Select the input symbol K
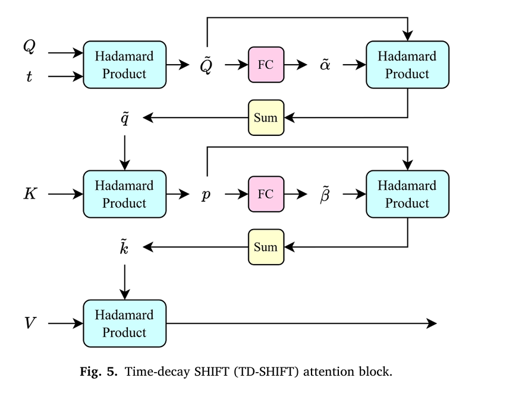30,194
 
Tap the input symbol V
30,323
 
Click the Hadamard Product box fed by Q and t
124,65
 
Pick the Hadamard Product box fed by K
124,194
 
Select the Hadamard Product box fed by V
124,323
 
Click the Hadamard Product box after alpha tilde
407,65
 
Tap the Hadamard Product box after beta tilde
407,194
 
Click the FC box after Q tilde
266,65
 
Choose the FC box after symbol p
266,194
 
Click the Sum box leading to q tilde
266,118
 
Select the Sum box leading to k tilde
266,247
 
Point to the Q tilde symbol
205,65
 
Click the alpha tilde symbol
325,65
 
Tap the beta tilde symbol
325,194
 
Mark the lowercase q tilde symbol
125,118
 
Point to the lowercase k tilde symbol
125,246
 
